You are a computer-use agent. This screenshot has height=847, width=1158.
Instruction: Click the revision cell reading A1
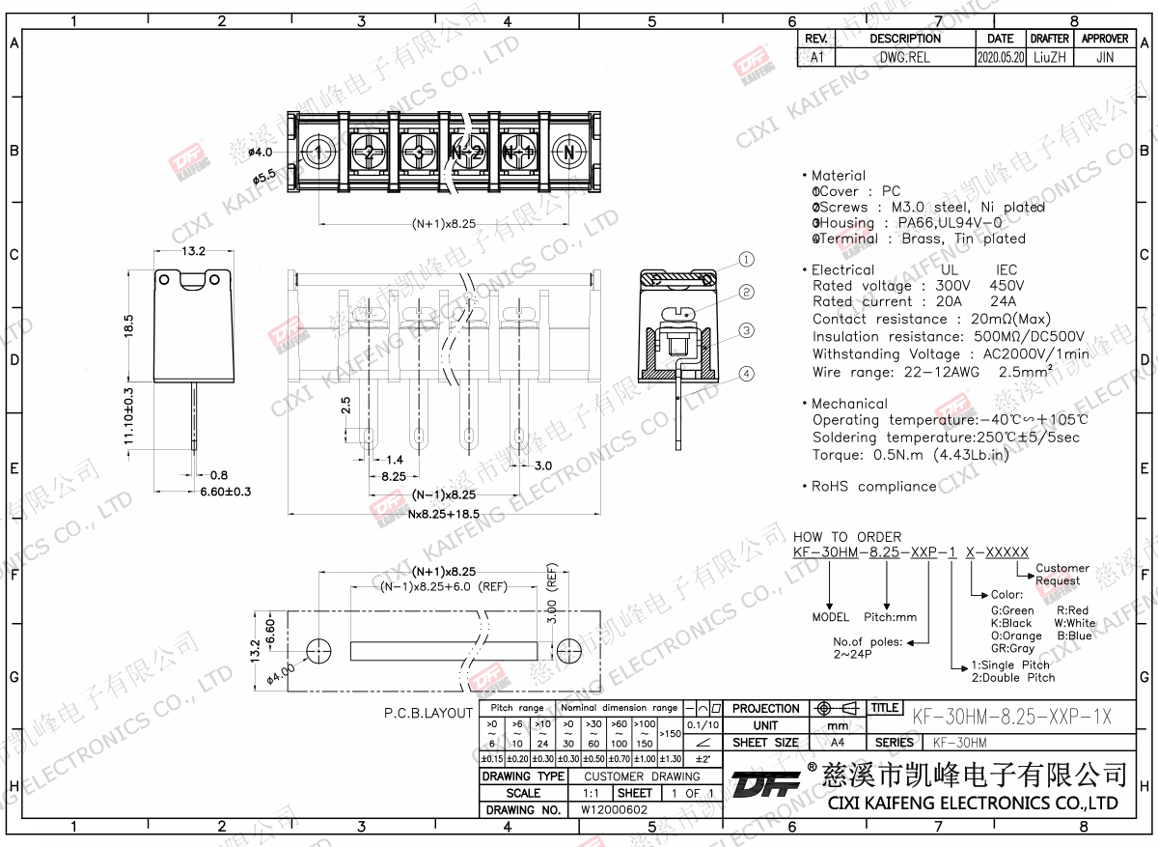click(816, 57)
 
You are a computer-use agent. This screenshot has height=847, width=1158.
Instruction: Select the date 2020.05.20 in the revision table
click(1000, 57)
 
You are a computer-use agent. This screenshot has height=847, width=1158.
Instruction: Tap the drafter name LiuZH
click(1049, 57)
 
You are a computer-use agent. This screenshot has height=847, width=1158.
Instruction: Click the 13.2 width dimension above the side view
click(193, 251)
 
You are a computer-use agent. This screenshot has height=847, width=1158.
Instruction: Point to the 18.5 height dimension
click(129, 325)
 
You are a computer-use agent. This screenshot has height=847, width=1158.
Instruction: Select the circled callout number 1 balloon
click(746, 259)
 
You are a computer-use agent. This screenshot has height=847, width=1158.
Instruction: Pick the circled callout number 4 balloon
click(746, 374)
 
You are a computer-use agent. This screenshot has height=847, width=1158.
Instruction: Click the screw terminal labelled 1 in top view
click(319, 153)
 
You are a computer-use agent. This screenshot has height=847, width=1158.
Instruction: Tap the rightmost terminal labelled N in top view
click(569, 153)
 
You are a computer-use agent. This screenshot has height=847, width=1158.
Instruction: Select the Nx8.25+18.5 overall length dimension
click(444, 514)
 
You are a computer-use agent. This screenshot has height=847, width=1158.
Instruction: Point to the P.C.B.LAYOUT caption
click(428, 714)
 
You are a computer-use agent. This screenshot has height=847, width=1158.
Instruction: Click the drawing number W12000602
click(614, 810)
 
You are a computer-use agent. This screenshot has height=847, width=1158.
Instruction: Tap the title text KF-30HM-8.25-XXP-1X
click(1011, 717)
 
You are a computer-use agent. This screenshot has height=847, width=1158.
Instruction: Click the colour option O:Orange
click(1016, 636)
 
